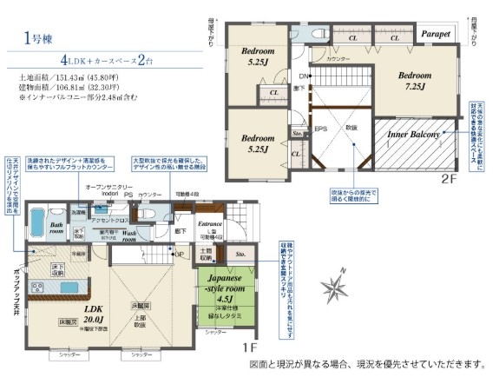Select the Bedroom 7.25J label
[x=414, y=81]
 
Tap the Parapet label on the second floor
[x=436, y=33]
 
